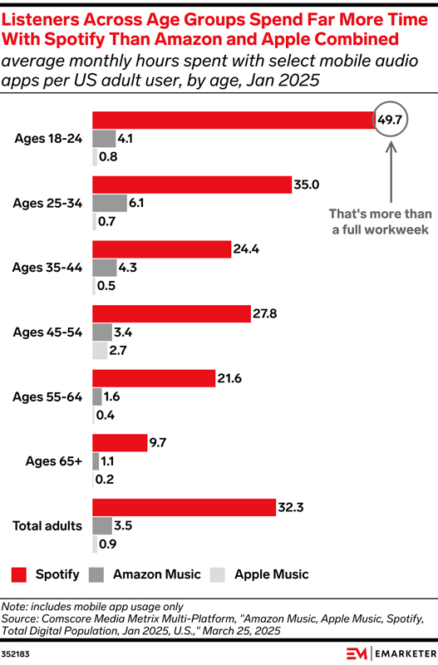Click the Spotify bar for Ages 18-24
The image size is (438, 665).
[233, 120]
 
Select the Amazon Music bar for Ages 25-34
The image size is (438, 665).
[109, 203]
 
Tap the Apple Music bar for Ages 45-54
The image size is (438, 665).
[100, 351]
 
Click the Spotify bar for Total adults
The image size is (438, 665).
[184, 507]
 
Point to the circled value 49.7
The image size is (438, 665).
[390, 121]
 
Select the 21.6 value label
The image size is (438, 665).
[229, 378]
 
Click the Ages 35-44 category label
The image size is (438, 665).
[47, 267]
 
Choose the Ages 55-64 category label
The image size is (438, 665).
[47, 397]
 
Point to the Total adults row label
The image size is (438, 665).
[47, 525]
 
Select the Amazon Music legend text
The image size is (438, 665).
[156, 574]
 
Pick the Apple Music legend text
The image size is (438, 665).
[271, 574]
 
